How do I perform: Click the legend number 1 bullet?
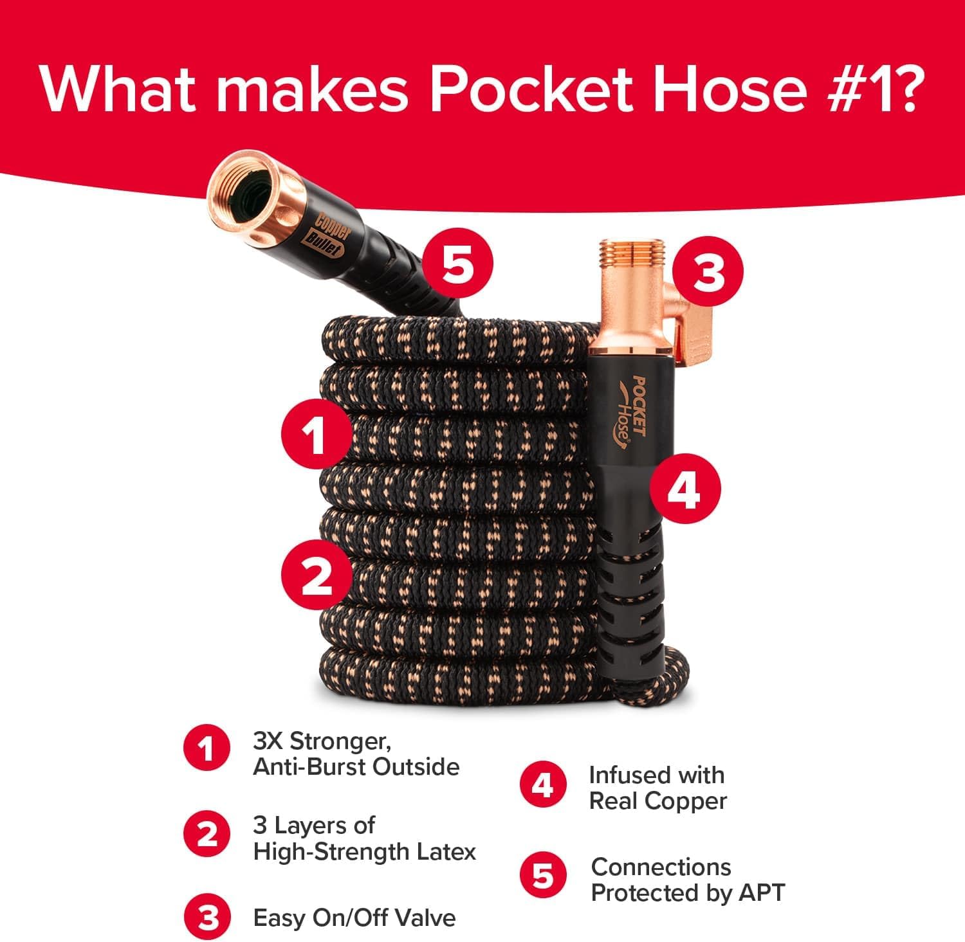pos(207,749)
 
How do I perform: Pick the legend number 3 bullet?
pos(207,918)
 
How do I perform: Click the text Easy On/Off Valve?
pos(354,918)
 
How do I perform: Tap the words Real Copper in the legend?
pos(657,801)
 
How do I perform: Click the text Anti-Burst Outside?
pos(356,767)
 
